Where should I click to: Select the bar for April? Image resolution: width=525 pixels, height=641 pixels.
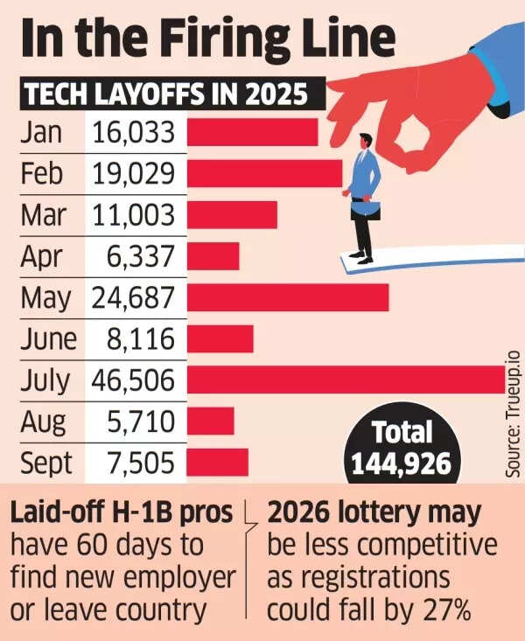(x=213, y=256)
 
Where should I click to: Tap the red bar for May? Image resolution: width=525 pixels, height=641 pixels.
(x=287, y=297)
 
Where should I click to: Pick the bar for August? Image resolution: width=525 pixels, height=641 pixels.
(x=210, y=422)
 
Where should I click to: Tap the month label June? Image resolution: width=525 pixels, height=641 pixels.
(x=49, y=339)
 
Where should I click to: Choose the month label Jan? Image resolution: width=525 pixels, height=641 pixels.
(x=41, y=132)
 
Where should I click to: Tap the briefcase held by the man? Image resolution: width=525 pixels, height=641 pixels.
(x=365, y=210)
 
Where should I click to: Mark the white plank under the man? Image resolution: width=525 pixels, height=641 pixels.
(x=429, y=258)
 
